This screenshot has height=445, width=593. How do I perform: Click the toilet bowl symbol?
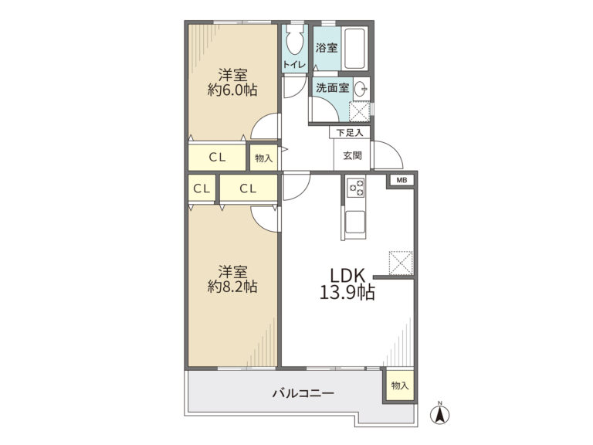[295, 39]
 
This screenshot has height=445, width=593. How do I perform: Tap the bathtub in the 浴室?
[354, 48]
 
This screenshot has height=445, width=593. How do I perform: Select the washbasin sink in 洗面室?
[361, 90]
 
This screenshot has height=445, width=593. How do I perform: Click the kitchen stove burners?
[356, 187]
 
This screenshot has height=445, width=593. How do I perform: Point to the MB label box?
[402, 181]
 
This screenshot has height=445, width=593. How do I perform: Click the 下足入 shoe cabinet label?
[350, 133]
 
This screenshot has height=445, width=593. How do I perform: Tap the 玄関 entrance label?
[352, 155]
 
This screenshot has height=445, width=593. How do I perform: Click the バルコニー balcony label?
[303, 393]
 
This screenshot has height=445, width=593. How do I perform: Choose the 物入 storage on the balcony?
[400, 386]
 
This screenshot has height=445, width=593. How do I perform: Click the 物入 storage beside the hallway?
[263, 158]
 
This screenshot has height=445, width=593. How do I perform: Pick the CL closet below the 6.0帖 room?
[217, 158]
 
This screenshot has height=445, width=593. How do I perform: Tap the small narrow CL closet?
[202, 189]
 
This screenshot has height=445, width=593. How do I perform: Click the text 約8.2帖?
[232, 287]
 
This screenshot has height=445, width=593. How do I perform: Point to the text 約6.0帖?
[232, 90]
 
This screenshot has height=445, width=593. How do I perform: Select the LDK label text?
[347, 275]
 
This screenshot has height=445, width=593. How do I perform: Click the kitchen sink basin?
[355, 222]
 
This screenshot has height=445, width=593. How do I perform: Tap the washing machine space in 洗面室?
[359, 111]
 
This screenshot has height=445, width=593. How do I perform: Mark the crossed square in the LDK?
[401, 263]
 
